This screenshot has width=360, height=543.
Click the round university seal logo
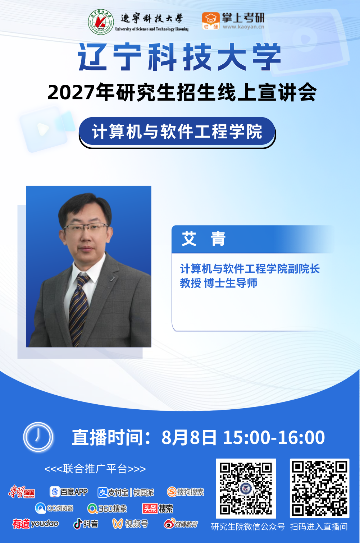(101, 22)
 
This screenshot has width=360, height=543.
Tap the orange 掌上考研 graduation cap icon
(210, 21)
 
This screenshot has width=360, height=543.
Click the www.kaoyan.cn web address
(243, 27)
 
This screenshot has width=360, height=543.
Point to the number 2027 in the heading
(71, 92)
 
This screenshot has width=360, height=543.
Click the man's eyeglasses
(85, 227)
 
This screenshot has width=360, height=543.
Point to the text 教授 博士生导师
(218, 283)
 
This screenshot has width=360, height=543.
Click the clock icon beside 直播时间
(38, 437)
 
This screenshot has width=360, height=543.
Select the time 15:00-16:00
(274, 438)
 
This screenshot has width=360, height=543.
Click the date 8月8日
(189, 438)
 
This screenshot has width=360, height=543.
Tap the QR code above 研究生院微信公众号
(246, 488)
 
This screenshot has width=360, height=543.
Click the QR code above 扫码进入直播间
(319, 488)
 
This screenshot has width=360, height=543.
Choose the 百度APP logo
(69, 492)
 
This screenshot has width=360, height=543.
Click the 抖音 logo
(86, 524)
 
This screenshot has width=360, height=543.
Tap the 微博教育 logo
(181, 524)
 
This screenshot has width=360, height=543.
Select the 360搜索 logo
(107, 509)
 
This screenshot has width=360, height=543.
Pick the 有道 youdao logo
(36, 524)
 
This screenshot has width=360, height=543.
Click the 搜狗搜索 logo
(186, 492)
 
